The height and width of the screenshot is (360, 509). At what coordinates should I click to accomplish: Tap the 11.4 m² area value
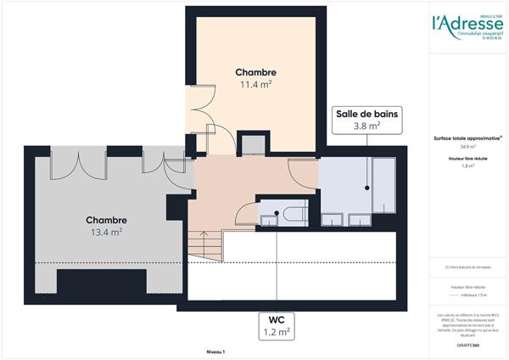click(x=256, y=86)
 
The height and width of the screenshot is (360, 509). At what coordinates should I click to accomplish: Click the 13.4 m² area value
click(x=106, y=231)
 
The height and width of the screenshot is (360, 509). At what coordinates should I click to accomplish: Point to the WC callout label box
click(x=277, y=327)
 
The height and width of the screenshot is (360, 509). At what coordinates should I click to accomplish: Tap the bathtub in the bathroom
click(x=383, y=185)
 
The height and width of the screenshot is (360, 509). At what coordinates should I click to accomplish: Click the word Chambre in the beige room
click(x=256, y=73)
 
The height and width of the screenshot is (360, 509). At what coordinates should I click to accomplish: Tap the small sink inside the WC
click(x=269, y=219)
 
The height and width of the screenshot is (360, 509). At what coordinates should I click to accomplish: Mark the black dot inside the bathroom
click(x=367, y=188)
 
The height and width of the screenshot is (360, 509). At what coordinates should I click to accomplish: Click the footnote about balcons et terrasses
click(x=468, y=268)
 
